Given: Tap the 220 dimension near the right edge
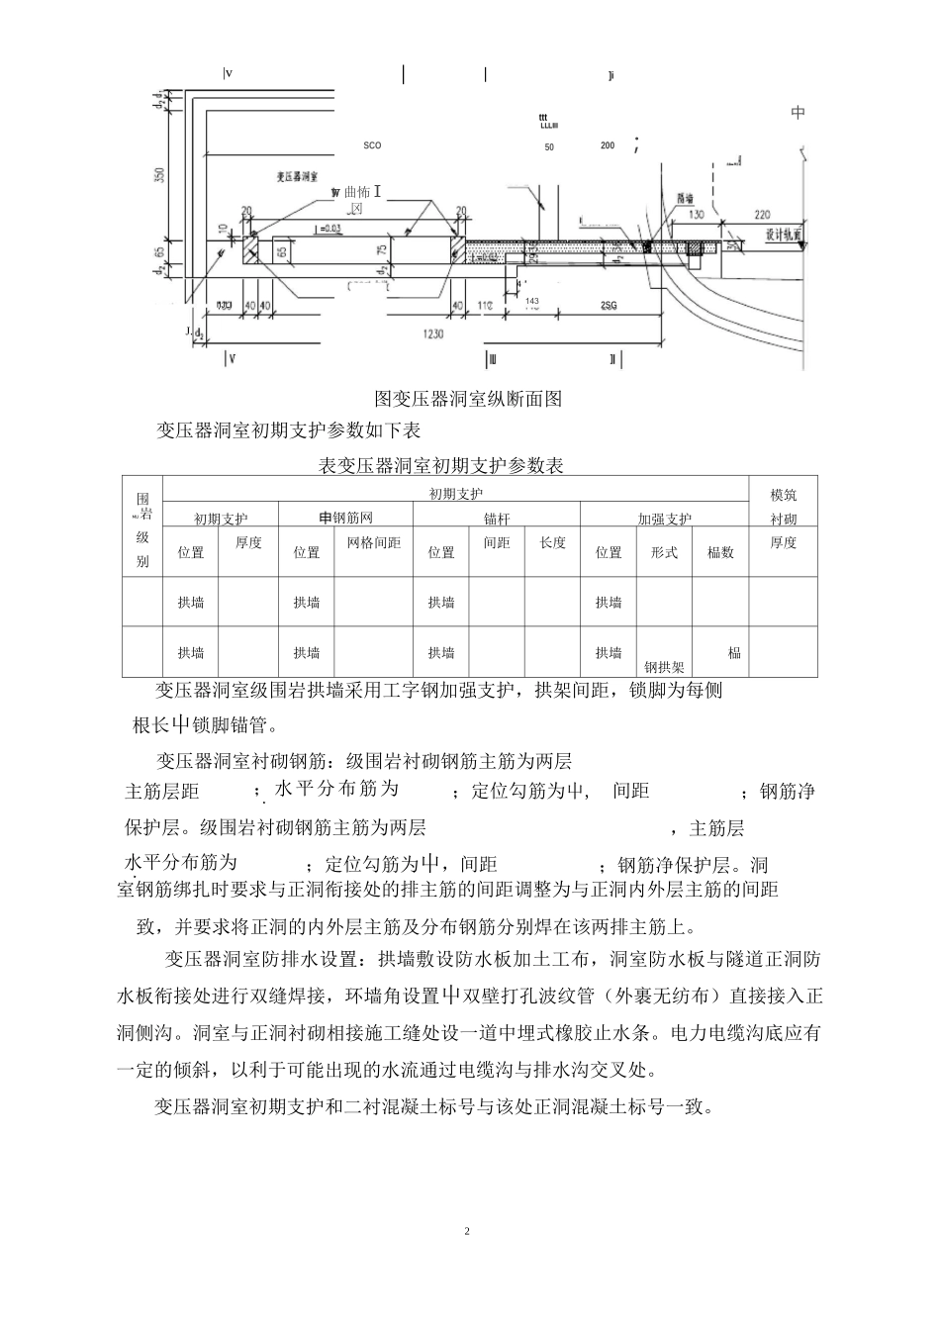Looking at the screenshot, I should click(x=761, y=214).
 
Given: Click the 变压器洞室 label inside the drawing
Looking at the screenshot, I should click(x=296, y=175).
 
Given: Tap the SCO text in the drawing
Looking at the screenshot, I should click(x=372, y=145).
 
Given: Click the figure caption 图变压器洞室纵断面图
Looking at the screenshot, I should click(x=469, y=399).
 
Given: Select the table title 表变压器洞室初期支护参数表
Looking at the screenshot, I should click(x=441, y=465).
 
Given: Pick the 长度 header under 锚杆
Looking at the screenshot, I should click(x=552, y=543).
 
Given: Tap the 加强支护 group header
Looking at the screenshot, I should click(x=664, y=519).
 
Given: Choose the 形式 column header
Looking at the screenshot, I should click(x=664, y=552).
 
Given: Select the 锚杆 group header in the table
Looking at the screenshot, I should click(x=497, y=519).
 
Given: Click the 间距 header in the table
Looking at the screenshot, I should click(x=497, y=543).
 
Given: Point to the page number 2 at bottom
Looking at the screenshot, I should click(x=468, y=1232).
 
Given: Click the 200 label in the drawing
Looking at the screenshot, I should click(x=608, y=145).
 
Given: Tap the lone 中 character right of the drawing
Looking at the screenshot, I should click(x=799, y=114).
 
